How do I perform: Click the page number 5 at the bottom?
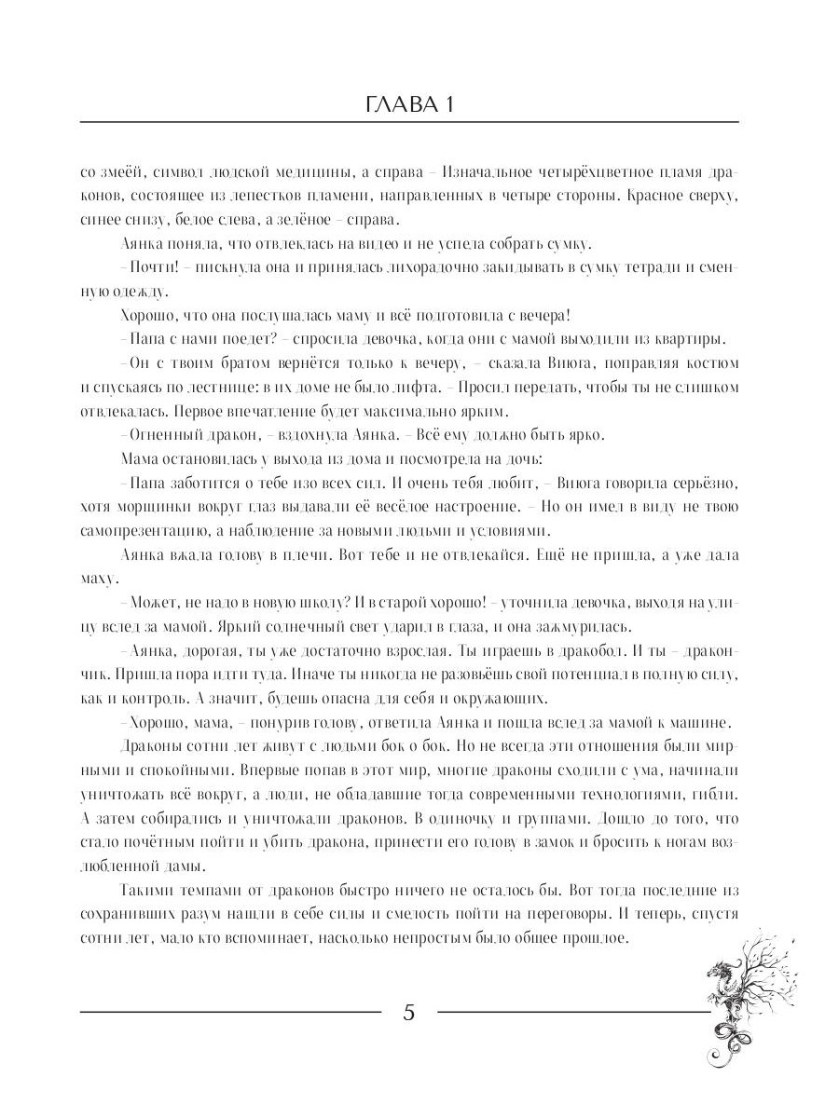tap(408, 1014)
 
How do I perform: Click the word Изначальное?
tap(498, 173)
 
